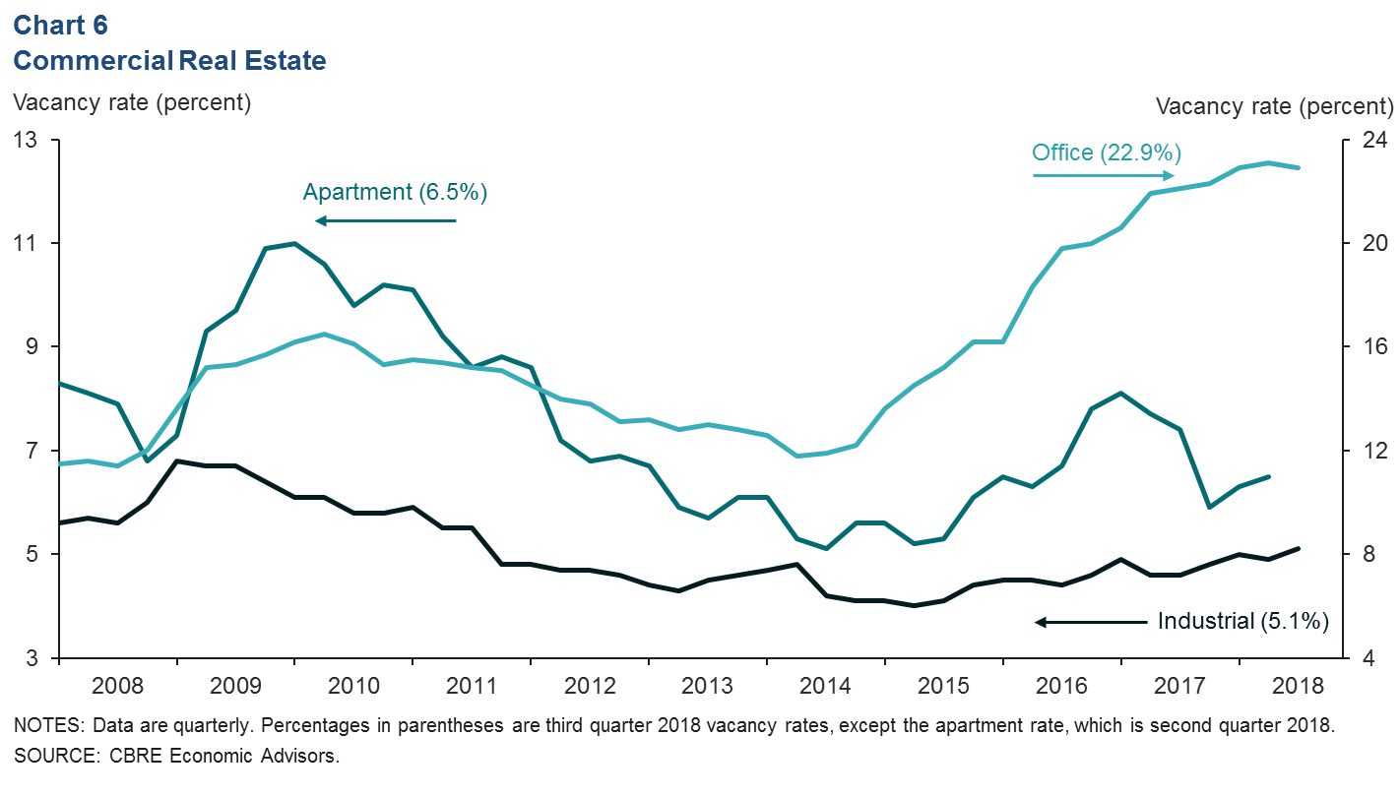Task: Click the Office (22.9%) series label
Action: tap(1106, 153)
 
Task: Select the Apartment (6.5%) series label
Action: tap(395, 192)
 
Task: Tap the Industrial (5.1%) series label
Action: tap(1243, 621)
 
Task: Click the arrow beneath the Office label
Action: tap(1104, 176)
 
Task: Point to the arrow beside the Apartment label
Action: tap(386, 220)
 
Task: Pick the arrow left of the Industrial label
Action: tap(1091, 622)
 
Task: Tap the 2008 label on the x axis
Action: tap(118, 685)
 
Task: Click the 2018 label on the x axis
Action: tap(1298, 685)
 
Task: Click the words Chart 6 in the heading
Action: tap(60, 26)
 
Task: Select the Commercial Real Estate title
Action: tap(169, 61)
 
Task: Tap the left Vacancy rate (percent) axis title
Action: tap(132, 101)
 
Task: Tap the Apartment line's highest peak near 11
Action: tap(294, 243)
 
